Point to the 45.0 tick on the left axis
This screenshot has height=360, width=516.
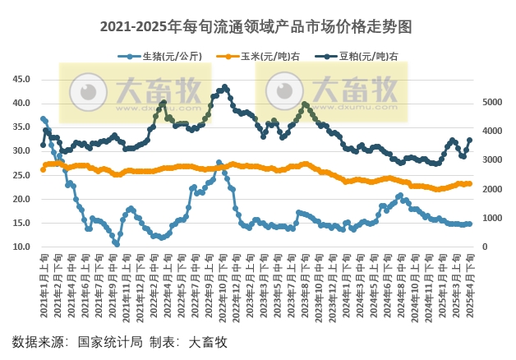click(21, 80)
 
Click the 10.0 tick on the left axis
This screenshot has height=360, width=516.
click(21, 247)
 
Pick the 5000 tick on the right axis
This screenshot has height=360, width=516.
click(491, 103)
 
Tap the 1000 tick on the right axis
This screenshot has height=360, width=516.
click(491, 219)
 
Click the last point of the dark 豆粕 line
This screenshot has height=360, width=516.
click(469, 140)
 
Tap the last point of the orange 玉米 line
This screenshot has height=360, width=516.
click(469, 183)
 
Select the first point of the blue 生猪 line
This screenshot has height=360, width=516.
click(43, 118)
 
